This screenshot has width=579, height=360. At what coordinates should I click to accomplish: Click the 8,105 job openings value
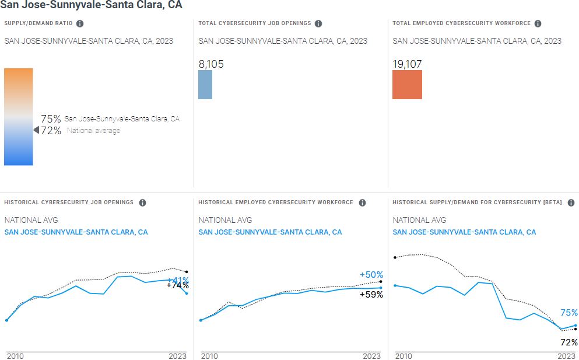click(211, 64)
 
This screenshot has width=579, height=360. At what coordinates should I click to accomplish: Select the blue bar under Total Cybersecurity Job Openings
click(205, 85)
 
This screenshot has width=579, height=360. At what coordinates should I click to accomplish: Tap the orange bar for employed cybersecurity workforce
click(407, 85)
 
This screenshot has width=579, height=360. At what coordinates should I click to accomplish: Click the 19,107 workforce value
click(407, 64)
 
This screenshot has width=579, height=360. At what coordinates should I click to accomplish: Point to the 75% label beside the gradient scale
click(51, 119)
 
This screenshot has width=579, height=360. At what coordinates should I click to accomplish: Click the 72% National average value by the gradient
click(51, 131)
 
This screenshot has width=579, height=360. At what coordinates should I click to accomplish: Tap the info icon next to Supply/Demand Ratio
click(80, 23)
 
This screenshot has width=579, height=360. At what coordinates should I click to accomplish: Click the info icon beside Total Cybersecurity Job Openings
click(318, 23)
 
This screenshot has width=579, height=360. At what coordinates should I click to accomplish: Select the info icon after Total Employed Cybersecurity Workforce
click(538, 23)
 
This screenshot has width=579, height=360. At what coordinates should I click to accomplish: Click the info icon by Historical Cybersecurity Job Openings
click(142, 202)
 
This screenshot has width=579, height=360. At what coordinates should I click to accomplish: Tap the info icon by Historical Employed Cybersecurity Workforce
click(362, 202)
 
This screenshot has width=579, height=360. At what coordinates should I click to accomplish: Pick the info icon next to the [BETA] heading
click(571, 202)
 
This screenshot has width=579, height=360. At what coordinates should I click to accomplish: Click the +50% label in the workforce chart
click(371, 275)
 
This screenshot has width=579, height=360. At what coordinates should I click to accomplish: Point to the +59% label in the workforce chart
click(371, 295)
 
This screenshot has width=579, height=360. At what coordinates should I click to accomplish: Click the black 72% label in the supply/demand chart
click(569, 342)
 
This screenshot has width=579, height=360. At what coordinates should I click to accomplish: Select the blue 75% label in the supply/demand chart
click(569, 313)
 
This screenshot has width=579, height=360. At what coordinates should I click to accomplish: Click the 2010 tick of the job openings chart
click(15, 356)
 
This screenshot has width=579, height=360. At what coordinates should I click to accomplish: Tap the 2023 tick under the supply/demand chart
click(566, 356)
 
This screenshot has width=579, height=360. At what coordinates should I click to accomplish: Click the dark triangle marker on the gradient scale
click(36, 130)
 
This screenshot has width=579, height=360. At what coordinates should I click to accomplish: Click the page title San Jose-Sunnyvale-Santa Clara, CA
click(91, 5)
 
